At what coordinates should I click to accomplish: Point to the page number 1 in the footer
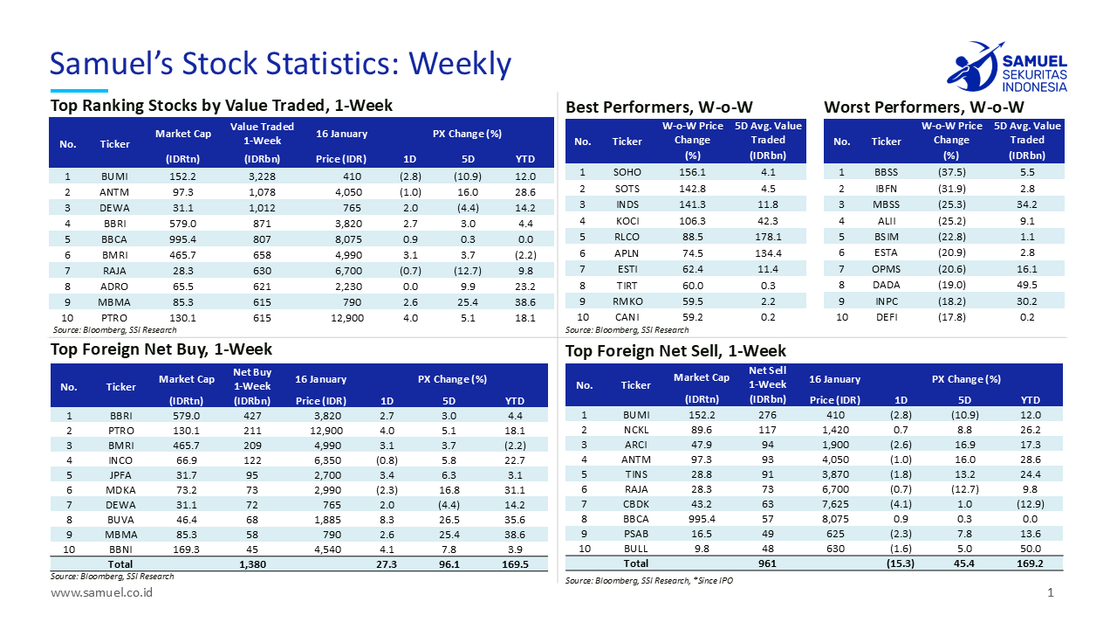[x=1051, y=593]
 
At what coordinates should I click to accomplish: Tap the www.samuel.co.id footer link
[x=102, y=593]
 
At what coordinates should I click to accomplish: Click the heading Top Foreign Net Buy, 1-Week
[x=149, y=350]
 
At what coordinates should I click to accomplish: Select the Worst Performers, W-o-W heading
[x=923, y=107]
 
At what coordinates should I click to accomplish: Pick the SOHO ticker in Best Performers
[x=627, y=173]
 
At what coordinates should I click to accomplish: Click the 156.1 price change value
[x=692, y=173]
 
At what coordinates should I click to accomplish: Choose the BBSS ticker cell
[x=886, y=173]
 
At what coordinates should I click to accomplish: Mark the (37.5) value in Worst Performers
[x=950, y=173]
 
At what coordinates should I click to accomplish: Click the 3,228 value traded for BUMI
[x=262, y=176]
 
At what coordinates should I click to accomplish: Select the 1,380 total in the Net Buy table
[x=252, y=564]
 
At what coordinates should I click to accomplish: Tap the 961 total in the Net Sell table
[x=767, y=563]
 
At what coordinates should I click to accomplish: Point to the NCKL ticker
[x=635, y=431]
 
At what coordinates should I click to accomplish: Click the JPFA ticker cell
[x=121, y=475]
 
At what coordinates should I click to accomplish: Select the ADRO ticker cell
[x=114, y=286]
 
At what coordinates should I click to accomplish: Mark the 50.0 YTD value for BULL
[x=1031, y=549]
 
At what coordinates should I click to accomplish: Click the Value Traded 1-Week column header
[x=262, y=134]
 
